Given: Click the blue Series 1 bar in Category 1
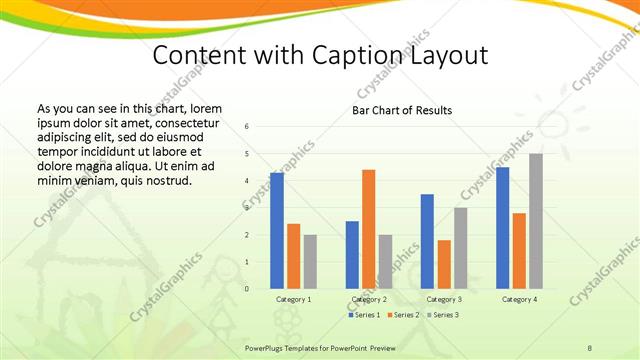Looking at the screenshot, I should tap(277, 231).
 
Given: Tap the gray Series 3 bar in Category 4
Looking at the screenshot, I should tap(536, 221).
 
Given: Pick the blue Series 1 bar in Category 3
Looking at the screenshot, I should tap(427, 241).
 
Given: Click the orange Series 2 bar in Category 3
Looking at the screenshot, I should tap(444, 264).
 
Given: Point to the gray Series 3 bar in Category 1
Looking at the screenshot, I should tap(310, 261).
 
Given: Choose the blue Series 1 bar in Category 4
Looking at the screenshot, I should tap(502, 227).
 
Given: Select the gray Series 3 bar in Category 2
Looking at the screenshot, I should tap(385, 261).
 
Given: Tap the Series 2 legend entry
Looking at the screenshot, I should tap(404, 315).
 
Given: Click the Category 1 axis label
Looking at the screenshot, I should tap(293, 298).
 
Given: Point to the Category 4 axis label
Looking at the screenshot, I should tap(519, 298).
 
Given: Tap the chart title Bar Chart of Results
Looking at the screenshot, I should tap(402, 110).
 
